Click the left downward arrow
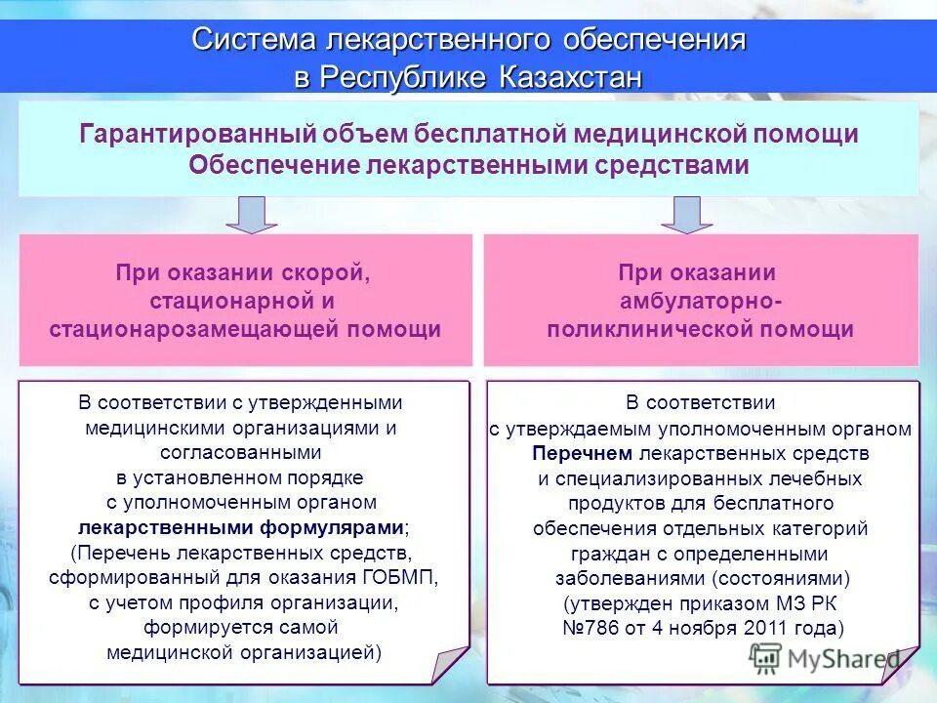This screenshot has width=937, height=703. click(253, 214)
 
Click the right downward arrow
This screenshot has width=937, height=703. click(686, 214)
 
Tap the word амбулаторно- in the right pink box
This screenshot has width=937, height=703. click(701, 302)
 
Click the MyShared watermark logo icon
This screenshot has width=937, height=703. click(766, 657)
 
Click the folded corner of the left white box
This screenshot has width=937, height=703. click(452, 666)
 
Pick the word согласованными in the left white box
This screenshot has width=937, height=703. click(241, 453)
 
